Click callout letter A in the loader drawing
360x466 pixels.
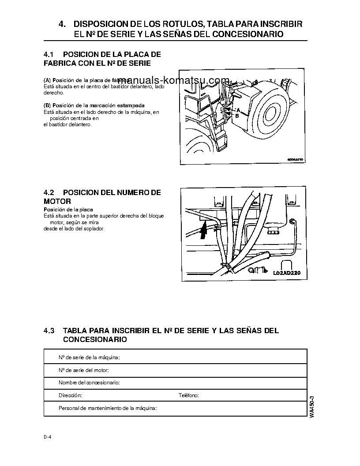pos(238,109)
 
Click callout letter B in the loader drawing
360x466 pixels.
pos(237,116)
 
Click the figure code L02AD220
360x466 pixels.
pos(287,273)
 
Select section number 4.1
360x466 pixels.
pos(49,54)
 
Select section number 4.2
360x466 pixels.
pos(49,193)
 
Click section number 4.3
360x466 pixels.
pos(49,331)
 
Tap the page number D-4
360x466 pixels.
pos(48,437)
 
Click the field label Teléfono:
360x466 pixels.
pos(188,396)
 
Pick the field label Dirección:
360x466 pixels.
pos(70,396)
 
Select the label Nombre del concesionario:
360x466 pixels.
pos(89,383)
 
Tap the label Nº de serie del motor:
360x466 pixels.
pos(84,370)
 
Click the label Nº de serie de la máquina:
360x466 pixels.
pos(90,357)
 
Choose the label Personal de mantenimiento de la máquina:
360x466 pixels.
pos(108,409)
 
